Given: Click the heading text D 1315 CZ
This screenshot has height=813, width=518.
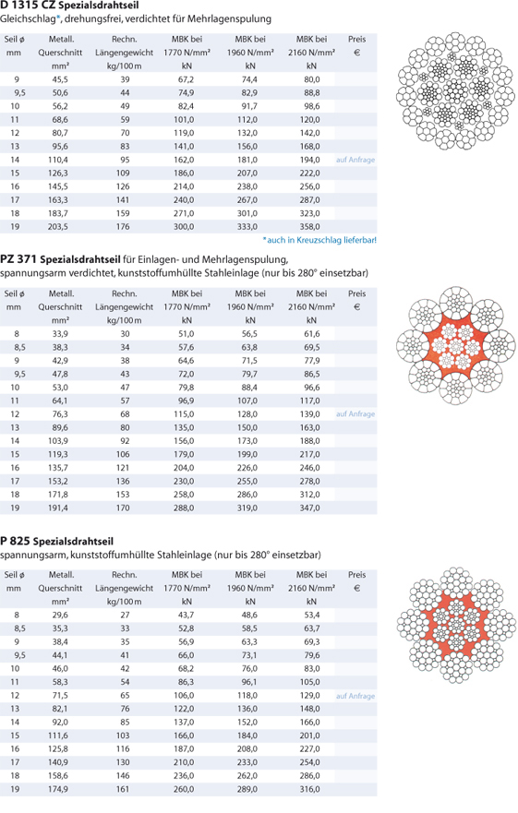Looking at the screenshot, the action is click(x=28, y=6).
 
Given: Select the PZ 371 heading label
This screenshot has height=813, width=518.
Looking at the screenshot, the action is click(x=18, y=259).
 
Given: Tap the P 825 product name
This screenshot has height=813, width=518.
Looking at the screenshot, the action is click(x=15, y=542).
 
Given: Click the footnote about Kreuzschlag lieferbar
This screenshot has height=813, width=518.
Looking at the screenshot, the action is click(x=319, y=240).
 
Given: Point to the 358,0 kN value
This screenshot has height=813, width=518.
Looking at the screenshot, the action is click(x=310, y=227).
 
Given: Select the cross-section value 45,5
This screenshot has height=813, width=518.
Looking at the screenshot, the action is click(x=60, y=79).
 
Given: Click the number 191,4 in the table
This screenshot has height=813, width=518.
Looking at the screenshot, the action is click(x=59, y=508).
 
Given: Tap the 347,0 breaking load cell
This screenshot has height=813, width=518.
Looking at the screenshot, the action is click(x=310, y=508).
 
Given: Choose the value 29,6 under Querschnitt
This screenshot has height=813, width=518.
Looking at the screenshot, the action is click(x=60, y=615).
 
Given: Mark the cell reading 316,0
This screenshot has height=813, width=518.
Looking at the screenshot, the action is click(x=310, y=789).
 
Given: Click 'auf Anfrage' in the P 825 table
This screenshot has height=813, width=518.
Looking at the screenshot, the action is click(x=355, y=696).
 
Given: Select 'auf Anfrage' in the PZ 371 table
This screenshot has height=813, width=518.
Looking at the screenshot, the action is click(x=355, y=413).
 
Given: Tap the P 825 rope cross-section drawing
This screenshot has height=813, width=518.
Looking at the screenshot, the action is click(x=457, y=624).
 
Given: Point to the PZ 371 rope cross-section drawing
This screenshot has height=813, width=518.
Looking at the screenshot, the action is click(x=456, y=345).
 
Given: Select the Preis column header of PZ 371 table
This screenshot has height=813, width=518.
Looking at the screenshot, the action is click(x=357, y=293).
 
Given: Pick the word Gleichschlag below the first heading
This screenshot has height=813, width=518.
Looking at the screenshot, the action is click(x=28, y=19).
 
